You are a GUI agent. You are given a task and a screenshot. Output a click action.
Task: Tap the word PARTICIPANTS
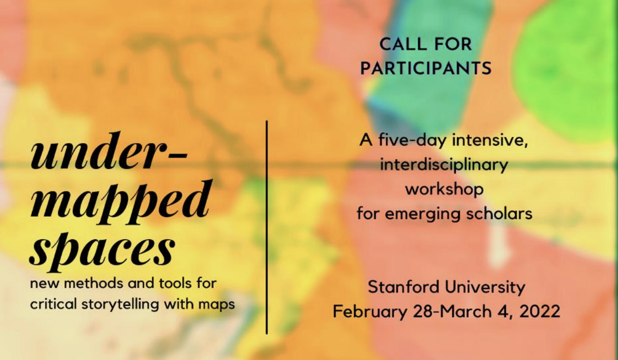click(426, 68)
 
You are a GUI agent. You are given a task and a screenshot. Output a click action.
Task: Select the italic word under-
click(109, 151)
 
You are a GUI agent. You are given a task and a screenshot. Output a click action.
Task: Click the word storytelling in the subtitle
click(120, 305)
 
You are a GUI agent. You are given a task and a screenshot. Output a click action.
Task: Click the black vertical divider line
click(267, 228)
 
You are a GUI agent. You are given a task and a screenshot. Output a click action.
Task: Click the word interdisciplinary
click(444, 165)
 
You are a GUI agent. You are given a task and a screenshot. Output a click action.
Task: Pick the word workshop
click(444, 190)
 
